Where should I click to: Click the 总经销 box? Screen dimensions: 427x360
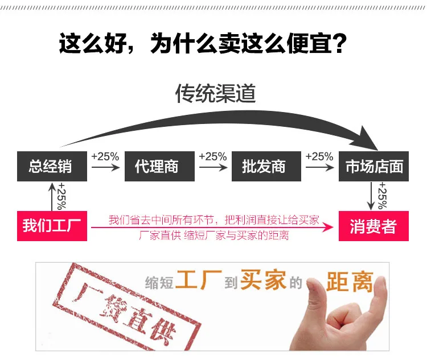(52, 166)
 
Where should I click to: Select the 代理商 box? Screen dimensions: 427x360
(159, 166)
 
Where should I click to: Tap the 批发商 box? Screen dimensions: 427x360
(266, 166)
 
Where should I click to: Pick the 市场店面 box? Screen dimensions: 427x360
(373, 166)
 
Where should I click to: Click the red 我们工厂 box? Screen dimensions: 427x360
(52, 226)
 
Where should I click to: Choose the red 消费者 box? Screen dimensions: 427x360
(373, 226)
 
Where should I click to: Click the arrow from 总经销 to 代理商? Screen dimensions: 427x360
(106, 167)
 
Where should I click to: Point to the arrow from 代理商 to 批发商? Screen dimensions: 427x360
(213, 167)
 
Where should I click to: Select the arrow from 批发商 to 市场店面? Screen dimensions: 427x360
(320, 167)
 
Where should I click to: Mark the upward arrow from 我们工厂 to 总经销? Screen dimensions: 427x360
(52, 197)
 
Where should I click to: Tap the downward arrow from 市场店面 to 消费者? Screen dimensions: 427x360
(371, 196)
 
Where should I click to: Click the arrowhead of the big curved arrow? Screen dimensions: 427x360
(366, 139)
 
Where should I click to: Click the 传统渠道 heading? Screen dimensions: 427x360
(215, 93)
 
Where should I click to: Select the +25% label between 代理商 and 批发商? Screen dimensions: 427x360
(213, 156)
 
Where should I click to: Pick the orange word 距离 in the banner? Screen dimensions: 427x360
(350, 282)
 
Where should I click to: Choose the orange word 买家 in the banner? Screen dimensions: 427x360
(264, 280)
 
